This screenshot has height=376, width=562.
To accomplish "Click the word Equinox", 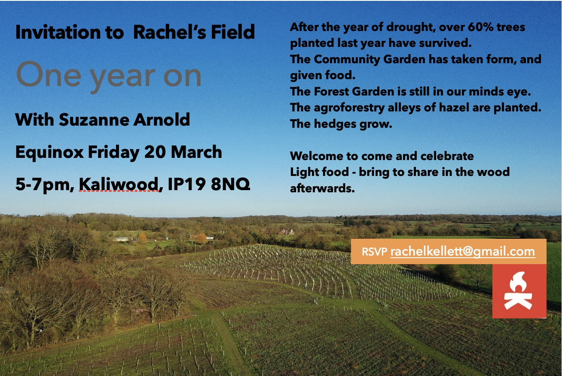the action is tap(49, 153).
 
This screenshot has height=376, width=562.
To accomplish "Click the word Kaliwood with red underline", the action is tap(119, 185).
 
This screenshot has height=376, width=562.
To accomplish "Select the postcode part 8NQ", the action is tap(230, 184).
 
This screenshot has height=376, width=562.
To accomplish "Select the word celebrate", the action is tap(447, 156).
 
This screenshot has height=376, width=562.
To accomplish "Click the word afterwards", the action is tap(322, 188).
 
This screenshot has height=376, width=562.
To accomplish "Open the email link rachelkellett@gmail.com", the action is tap(463, 251).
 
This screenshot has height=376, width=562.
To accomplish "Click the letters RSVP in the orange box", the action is tap(375, 252).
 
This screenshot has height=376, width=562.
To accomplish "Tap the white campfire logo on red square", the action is tap(518, 290).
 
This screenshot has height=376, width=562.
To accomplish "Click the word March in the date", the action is tap(196, 152).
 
